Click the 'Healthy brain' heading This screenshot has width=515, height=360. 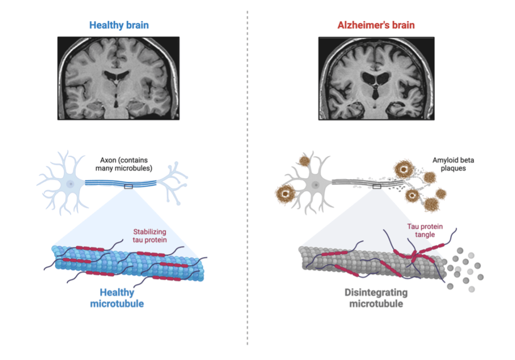(119, 25)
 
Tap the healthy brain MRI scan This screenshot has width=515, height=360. (118, 78)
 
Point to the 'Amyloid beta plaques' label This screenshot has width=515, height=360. (453, 164)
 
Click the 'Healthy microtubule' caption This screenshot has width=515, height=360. (117, 298)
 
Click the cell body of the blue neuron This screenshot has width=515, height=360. (71, 184)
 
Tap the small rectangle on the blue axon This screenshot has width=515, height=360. (128, 187)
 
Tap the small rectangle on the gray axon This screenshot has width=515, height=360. (376, 187)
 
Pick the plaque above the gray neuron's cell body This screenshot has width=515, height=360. (304, 162)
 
